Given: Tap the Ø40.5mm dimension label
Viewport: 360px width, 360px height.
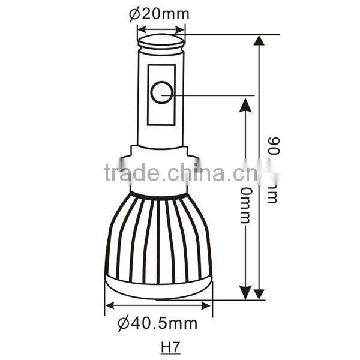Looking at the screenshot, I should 158,324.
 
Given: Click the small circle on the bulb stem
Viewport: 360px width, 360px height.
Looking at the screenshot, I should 161,92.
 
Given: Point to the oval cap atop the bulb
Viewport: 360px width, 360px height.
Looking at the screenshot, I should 161,41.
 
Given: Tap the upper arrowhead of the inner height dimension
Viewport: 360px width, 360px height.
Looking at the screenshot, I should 245,103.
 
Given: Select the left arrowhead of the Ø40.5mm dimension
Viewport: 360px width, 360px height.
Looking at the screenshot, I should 109,305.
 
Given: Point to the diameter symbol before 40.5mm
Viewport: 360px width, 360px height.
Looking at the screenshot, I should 123,324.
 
